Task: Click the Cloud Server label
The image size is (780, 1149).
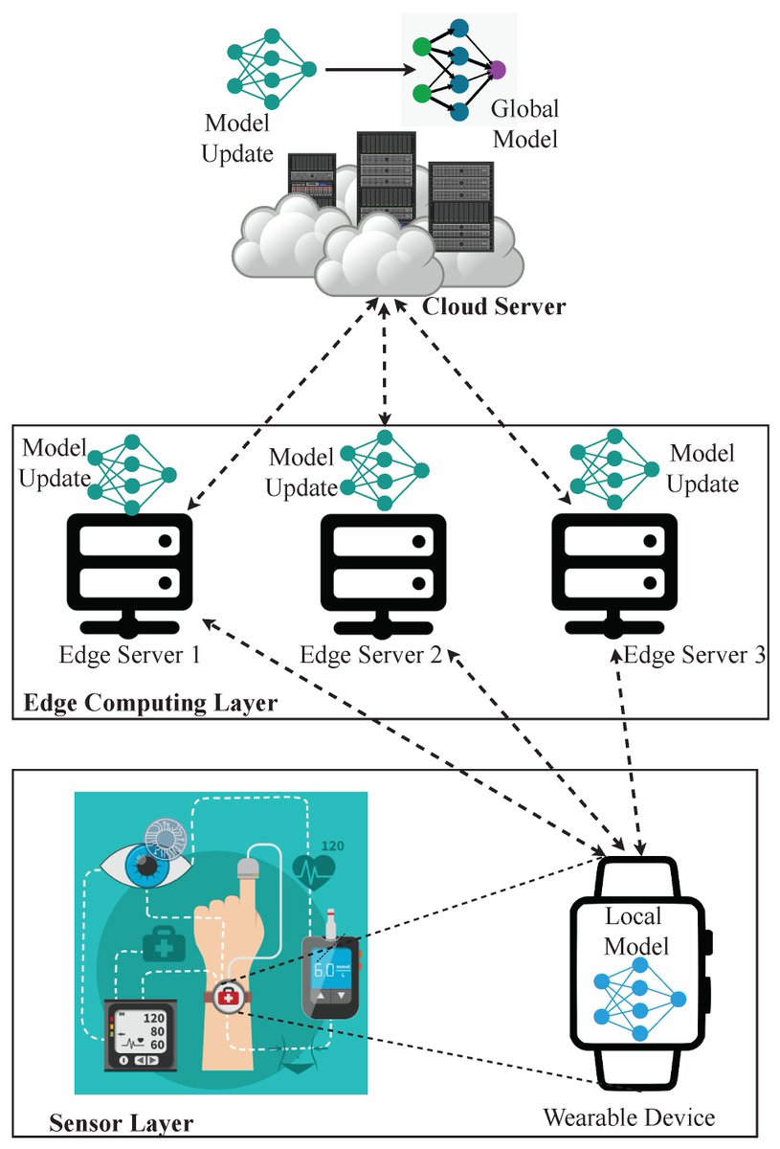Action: [x=495, y=308]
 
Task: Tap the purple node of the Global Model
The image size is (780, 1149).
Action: [x=498, y=69]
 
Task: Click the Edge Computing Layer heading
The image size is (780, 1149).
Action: [x=149, y=704]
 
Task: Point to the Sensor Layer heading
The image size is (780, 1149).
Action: [x=121, y=1121]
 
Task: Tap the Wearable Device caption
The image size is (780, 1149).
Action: [x=629, y=1117]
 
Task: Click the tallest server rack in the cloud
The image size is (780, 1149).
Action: [x=386, y=177]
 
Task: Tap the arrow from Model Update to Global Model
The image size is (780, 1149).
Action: [x=368, y=70]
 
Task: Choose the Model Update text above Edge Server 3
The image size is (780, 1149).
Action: [x=702, y=468]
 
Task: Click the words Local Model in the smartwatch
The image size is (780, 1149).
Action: [x=635, y=932]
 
